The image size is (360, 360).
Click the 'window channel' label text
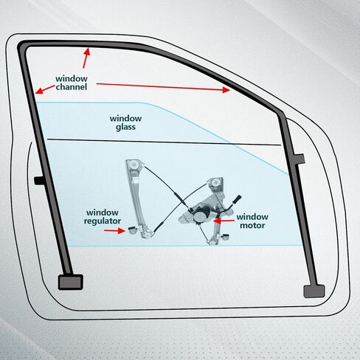click(72, 83)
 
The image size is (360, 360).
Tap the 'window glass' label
click(125, 122)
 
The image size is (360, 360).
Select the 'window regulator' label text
click(103, 217)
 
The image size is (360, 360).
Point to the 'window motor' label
click(252, 221)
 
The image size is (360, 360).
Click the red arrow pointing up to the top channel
click(86, 58)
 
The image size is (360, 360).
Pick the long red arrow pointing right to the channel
click(163, 87)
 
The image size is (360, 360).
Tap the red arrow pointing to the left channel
click(45, 89)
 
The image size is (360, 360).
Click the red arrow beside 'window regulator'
click(114, 231)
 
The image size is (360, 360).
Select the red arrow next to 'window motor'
click(224, 221)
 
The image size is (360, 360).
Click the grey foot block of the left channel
click(71, 282)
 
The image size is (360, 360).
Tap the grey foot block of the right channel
click(314, 291)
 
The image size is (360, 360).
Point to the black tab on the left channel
click(39, 181)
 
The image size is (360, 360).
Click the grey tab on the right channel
click(300, 159)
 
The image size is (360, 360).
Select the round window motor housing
click(198, 217)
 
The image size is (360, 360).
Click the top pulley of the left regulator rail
click(134, 165)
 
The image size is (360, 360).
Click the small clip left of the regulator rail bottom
click(132, 230)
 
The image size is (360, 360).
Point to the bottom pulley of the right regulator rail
click(213, 241)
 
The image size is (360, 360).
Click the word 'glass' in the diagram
click(125, 127)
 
